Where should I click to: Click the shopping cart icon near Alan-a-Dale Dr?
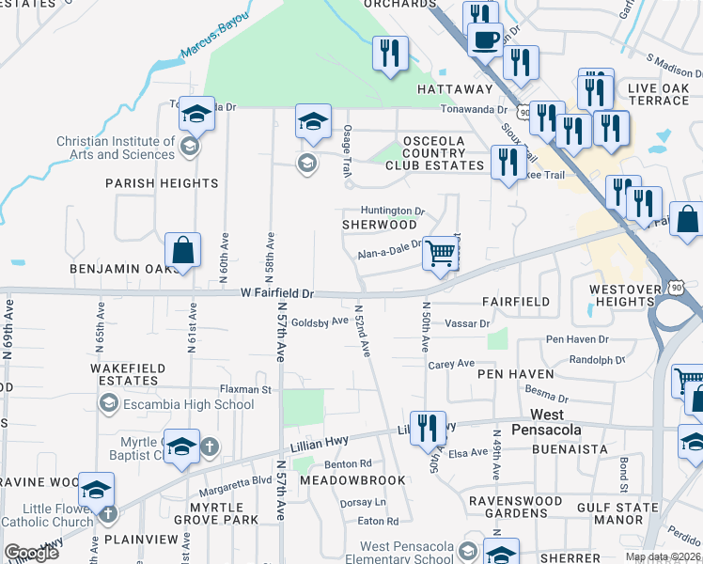click(x=440, y=253)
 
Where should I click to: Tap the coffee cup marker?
click(x=485, y=40)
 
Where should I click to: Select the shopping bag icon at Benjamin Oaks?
click(x=183, y=250)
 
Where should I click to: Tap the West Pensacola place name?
click(x=548, y=422)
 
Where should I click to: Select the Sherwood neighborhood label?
click(x=379, y=226)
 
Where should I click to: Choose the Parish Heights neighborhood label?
click(x=162, y=183)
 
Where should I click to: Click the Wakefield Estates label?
click(x=128, y=374)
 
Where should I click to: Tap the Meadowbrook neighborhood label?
click(x=352, y=479)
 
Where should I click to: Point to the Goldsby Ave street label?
click(x=319, y=321)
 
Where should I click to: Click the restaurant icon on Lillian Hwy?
click(x=428, y=428)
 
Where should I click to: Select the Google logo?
click(x=31, y=553)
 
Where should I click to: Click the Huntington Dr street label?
click(x=392, y=211)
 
